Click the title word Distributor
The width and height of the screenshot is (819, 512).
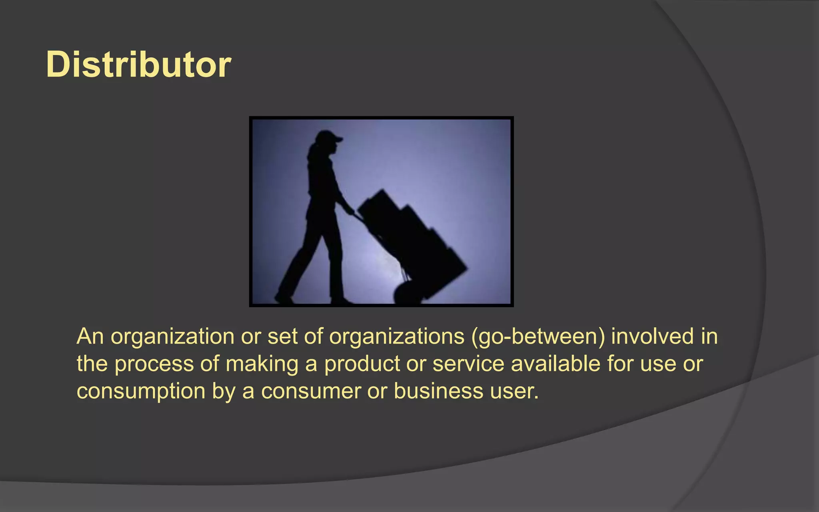pyautogui.click(x=138, y=64)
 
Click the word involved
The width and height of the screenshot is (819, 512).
pyautogui.click(x=652, y=336)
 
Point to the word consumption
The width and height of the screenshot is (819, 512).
pyautogui.click(x=141, y=391)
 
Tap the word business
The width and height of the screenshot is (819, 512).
pyautogui.click(x=438, y=391)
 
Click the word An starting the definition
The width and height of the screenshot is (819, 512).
pyautogui.click(x=90, y=336)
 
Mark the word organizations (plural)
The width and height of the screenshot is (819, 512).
pyautogui.click(x=397, y=336)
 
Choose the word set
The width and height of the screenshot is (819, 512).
pyautogui.click(x=282, y=336)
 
